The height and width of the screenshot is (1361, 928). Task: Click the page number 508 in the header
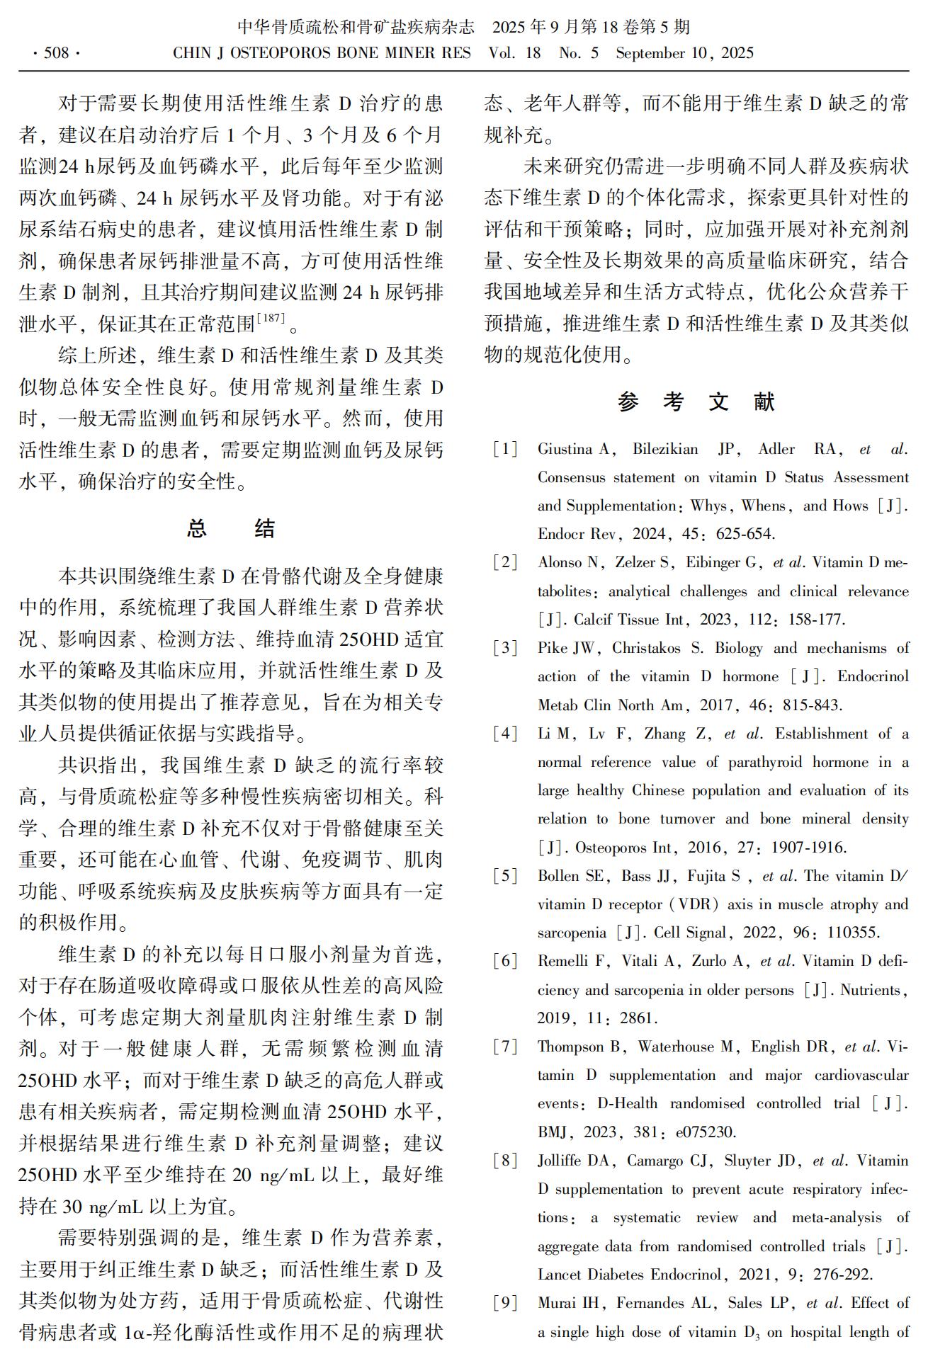[56, 53]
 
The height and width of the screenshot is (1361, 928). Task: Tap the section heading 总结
[230, 528]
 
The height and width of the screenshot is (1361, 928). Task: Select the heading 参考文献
[696, 402]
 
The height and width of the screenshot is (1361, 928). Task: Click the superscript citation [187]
[272, 319]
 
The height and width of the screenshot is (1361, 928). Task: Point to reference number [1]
[505, 449]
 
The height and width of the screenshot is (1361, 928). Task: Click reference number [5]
[505, 876]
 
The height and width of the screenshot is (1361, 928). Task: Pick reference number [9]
[505, 1303]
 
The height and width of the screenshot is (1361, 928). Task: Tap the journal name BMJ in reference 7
[553, 1132]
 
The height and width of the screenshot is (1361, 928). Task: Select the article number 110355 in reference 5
[853, 933]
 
